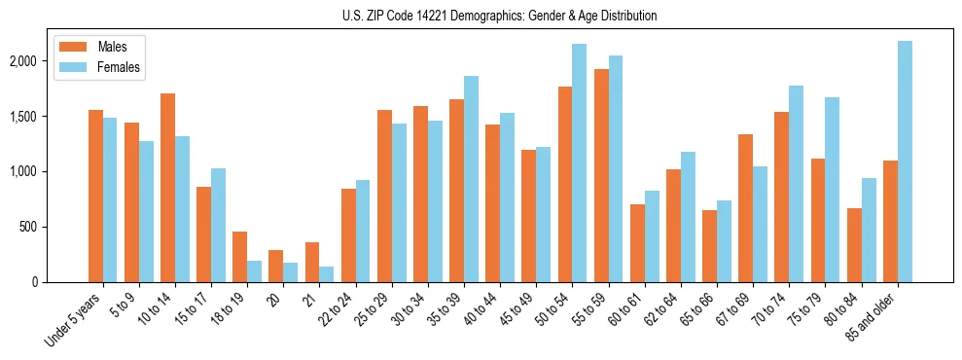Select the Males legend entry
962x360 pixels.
[x=102, y=47]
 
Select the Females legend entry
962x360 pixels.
[x=102, y=67]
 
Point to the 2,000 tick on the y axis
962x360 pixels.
[x=23, y=61]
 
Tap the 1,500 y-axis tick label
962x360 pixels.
[x=23, y=117]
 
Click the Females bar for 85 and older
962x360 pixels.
[x=905, y=162]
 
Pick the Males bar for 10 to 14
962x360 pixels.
[x=167, y=188]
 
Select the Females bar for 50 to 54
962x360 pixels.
[x=579, y=162]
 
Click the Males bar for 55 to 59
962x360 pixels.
[x=601, y=175]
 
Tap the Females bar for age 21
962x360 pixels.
[x=326, y=274]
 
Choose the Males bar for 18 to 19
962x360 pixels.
[x=239, y=257]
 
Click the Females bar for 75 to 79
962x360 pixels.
[x=832, y=190]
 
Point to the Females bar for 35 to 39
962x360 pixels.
[x=471, y=179]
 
